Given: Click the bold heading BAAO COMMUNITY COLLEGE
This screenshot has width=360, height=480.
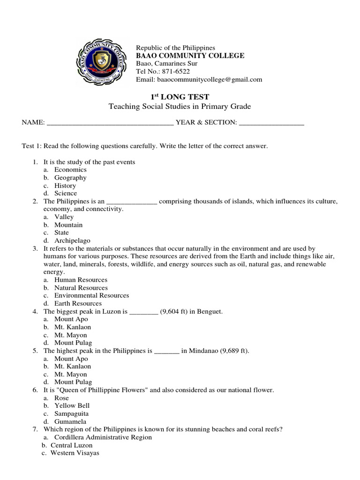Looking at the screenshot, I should click(190, 56).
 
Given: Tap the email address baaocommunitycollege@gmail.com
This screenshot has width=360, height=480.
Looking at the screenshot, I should click(209, 80).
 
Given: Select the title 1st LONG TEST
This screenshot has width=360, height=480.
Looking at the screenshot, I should click(180, 97).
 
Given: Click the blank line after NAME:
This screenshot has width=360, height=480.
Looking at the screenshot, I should click(111, 123).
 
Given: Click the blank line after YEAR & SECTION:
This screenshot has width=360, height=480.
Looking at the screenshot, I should click(271, 123).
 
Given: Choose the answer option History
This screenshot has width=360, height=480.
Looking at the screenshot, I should click(65, 186).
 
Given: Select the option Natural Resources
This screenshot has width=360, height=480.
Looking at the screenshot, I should click(81, 288).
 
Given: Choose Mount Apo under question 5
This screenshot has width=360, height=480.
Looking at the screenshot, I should click(71, 359).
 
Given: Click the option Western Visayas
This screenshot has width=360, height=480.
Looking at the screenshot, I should click(75, 453).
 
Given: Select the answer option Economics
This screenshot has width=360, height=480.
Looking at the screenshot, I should click(70, 170).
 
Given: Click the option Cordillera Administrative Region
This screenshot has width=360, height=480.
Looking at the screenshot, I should click(103, 437).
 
